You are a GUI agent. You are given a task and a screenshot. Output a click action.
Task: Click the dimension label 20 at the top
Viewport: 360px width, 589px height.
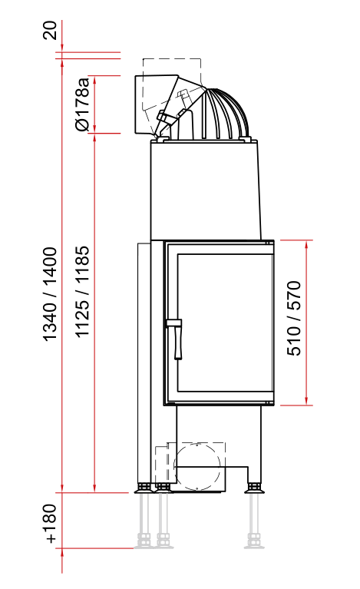coord(50,31)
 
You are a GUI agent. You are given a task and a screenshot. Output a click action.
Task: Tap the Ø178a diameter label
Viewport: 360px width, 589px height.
coord(82,104)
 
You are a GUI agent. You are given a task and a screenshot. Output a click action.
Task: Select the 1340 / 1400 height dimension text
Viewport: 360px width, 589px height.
coord(50,294)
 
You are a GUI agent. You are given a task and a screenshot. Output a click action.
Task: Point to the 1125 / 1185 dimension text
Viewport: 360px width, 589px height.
coord(82,292)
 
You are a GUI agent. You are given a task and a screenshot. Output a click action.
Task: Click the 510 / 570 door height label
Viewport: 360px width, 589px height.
coord(293,318)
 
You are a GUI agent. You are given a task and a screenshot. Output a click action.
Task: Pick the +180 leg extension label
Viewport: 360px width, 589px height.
coord(50,524)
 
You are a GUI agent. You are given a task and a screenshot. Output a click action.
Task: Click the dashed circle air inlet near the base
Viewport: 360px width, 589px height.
coord(197,467)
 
